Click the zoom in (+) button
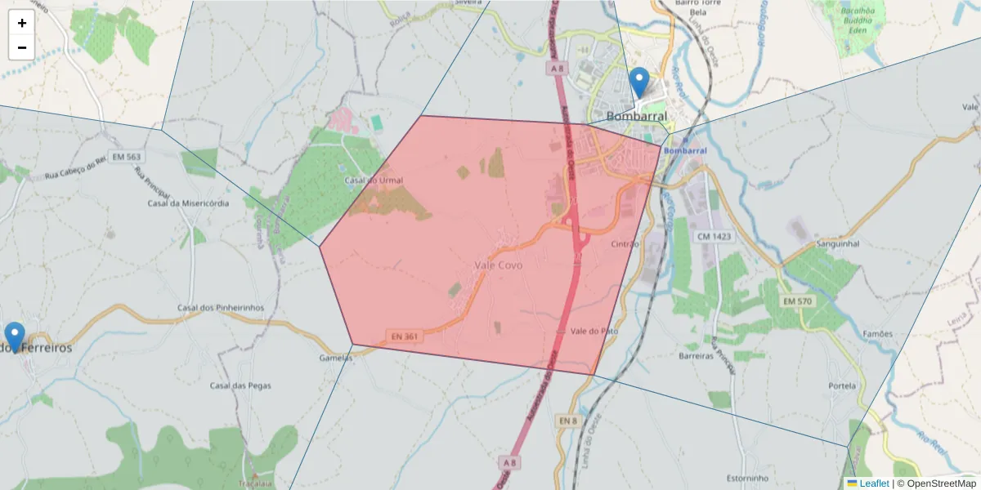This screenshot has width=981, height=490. (x=22, y=23)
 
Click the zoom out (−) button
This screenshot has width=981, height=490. (x=22, y=47)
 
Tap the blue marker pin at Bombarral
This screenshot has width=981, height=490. (x=639, y=83)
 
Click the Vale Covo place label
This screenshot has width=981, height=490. (x=498, y=265)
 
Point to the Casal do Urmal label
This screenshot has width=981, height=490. (x=374, y=180)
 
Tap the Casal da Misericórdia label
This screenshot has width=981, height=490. (x=188, y=203)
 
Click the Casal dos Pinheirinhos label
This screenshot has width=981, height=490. (x=221, y=308)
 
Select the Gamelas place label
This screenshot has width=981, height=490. (x=336, y=358)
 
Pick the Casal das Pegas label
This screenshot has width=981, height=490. (x=235, y=385)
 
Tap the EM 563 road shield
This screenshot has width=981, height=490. (x=127, y=157)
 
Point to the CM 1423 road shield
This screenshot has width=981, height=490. (x=713, y=237)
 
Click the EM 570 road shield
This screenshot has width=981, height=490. (x=798, y=302)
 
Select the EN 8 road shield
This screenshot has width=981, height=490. (x=569, y=420)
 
